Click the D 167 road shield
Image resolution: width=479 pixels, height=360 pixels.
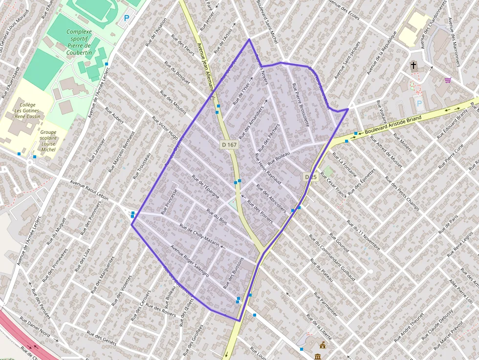(229, 145)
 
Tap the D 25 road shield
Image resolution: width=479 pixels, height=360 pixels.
(311, 177)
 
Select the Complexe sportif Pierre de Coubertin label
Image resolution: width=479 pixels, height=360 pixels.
(79, 42)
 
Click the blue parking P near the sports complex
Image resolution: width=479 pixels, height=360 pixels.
(127, 19)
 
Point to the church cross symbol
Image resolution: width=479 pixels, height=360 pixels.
(414, 65)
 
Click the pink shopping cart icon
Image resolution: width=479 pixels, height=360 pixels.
(448, 80)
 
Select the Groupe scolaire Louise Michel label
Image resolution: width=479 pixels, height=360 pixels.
(48, 141)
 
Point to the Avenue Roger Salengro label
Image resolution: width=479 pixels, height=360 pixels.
(189, 261)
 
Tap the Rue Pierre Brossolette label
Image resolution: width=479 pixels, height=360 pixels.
(301, 105)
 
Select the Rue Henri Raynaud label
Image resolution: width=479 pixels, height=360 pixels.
(268, 169)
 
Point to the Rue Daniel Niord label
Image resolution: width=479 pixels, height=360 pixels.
(35, 327)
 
